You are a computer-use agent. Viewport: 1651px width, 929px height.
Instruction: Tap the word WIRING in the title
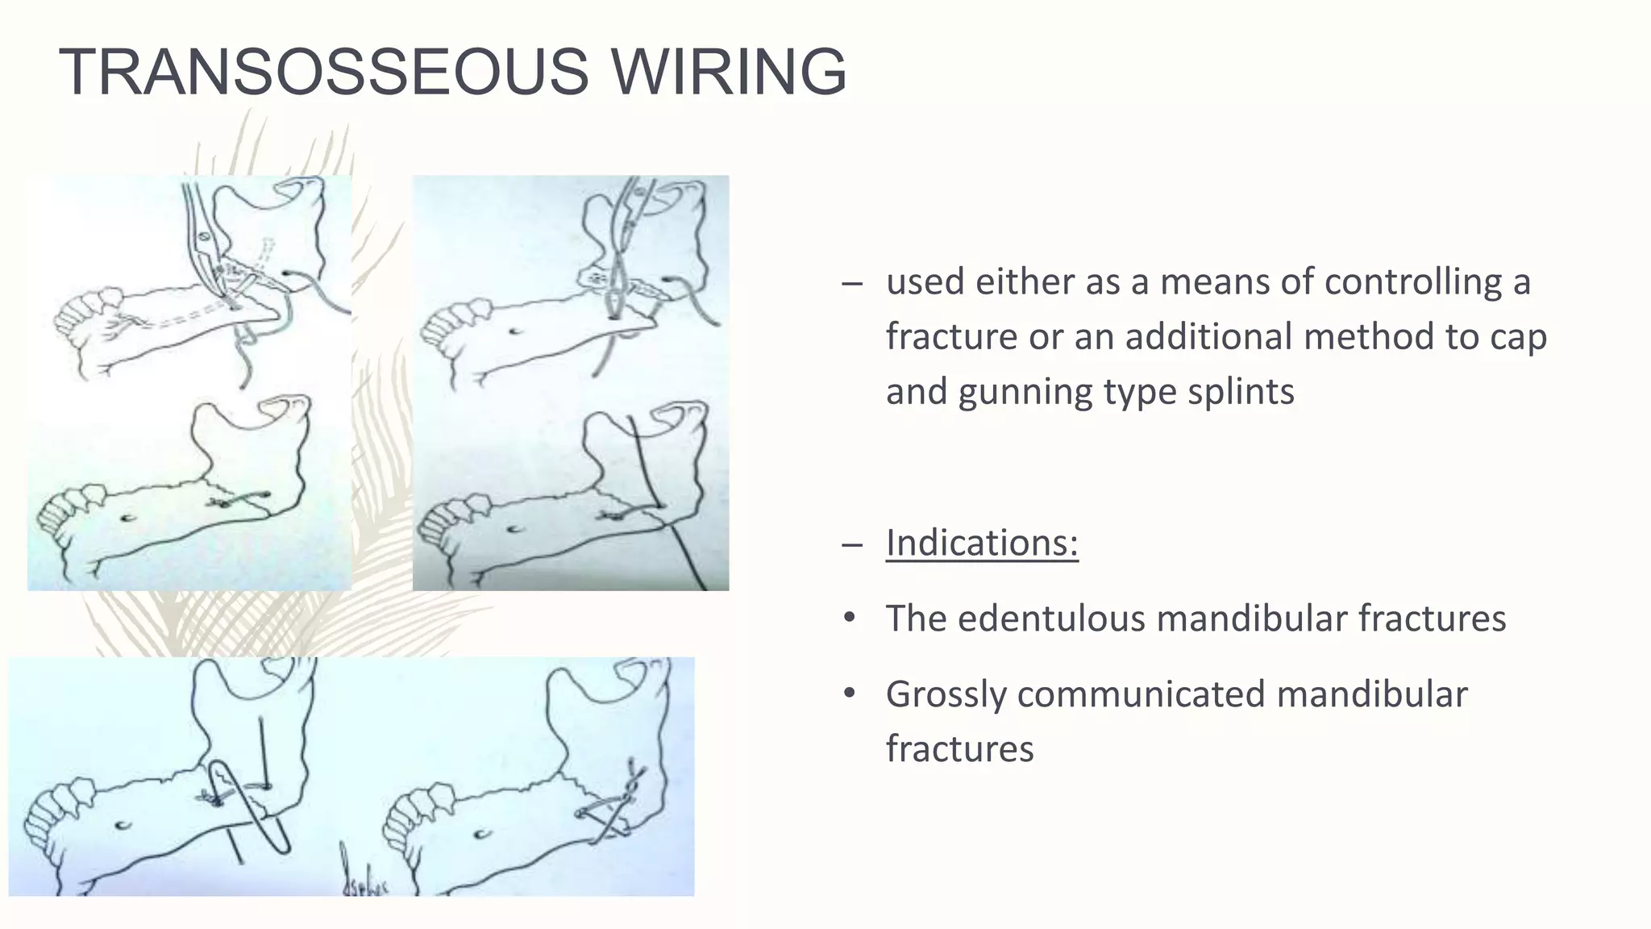point(729,72)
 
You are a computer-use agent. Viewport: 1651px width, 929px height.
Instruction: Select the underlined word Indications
point(981,542)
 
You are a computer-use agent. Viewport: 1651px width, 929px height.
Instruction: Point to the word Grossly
point(946,695)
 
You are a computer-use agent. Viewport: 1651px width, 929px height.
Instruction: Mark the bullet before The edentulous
point(849,619)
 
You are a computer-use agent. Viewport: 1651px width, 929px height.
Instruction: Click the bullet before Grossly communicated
point(849,694)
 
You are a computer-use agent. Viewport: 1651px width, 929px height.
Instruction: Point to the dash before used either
point(850,284)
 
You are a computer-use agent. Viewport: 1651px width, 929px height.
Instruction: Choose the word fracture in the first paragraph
point(951,336)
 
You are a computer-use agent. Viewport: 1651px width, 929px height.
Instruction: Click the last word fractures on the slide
point(959,749)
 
